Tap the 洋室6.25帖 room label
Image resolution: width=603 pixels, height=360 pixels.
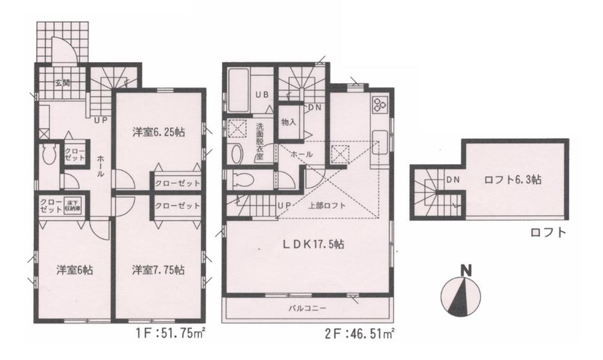tap(159, 134)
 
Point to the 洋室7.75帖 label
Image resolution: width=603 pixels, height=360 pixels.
tap(159, 270)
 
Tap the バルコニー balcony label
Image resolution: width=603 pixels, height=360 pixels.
tap(307, 309)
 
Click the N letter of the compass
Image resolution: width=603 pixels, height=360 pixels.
tap(465, 271)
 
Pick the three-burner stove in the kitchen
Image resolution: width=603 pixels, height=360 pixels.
tap(379, 105)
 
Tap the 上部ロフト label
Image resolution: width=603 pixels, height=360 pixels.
tap(327, 206)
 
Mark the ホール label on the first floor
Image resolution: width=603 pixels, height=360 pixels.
tap(100, 165)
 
